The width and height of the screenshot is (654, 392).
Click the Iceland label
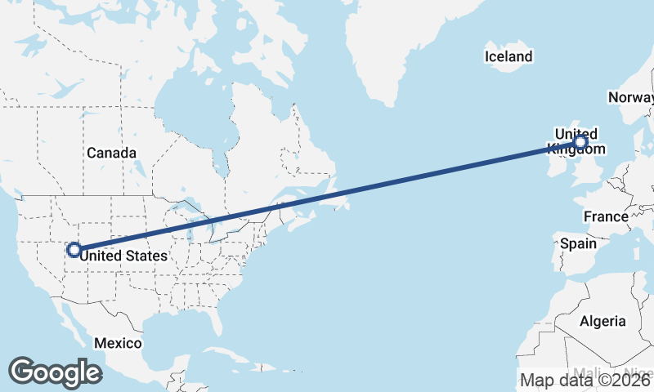pyautogui.click(x=508, y=56)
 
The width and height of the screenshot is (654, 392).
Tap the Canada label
pyautogui.click(x=111, y=153)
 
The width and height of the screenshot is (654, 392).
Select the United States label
pyautogui.click(x=124, y=256)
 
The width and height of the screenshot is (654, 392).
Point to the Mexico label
pyautogui.click(x=117, y=343)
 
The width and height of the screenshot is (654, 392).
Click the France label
pyautogui.click(x=606, y=216)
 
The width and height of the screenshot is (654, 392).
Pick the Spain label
pyautogui.click(x=578, y=243)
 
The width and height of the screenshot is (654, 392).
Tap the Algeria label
pyautogui.click(x=602, y=321)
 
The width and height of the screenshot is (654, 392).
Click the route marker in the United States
pyautogui.click(x=74, y=250)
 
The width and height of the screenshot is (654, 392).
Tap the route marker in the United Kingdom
pyautogui.click(x=580, y=143)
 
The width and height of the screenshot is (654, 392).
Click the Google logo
pyautogui.click(x=55, y=372)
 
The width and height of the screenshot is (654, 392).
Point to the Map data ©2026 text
pyautogui.click(x=586, y=380)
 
